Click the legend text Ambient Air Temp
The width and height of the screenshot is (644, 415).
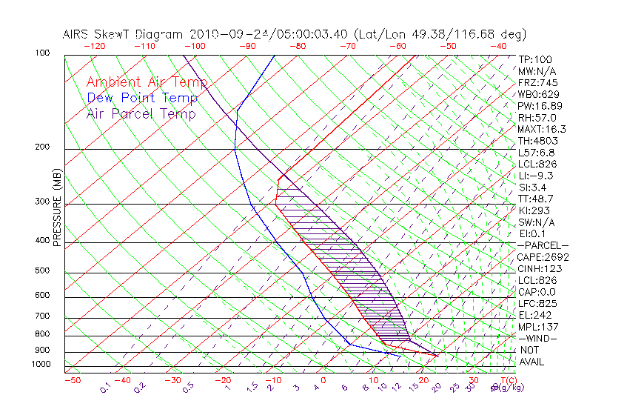(x=147, y=82)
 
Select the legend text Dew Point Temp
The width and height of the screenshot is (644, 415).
(x=142, y=98)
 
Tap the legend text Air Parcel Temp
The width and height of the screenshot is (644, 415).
(x=141, y=113)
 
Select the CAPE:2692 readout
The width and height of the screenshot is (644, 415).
(x=543, y=257)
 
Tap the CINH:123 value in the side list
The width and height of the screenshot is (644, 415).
(x=539, y=268)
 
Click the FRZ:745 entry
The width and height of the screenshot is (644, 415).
(x=537, y=82)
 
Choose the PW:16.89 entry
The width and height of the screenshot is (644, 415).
(x=540, y=106)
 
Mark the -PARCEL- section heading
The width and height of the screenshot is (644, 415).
(x=543, y=245)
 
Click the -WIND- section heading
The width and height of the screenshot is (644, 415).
(x=537, y=338)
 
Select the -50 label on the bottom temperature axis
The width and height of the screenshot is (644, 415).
(x=72, y=380)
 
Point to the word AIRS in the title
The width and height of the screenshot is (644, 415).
(x=76, y=34)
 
